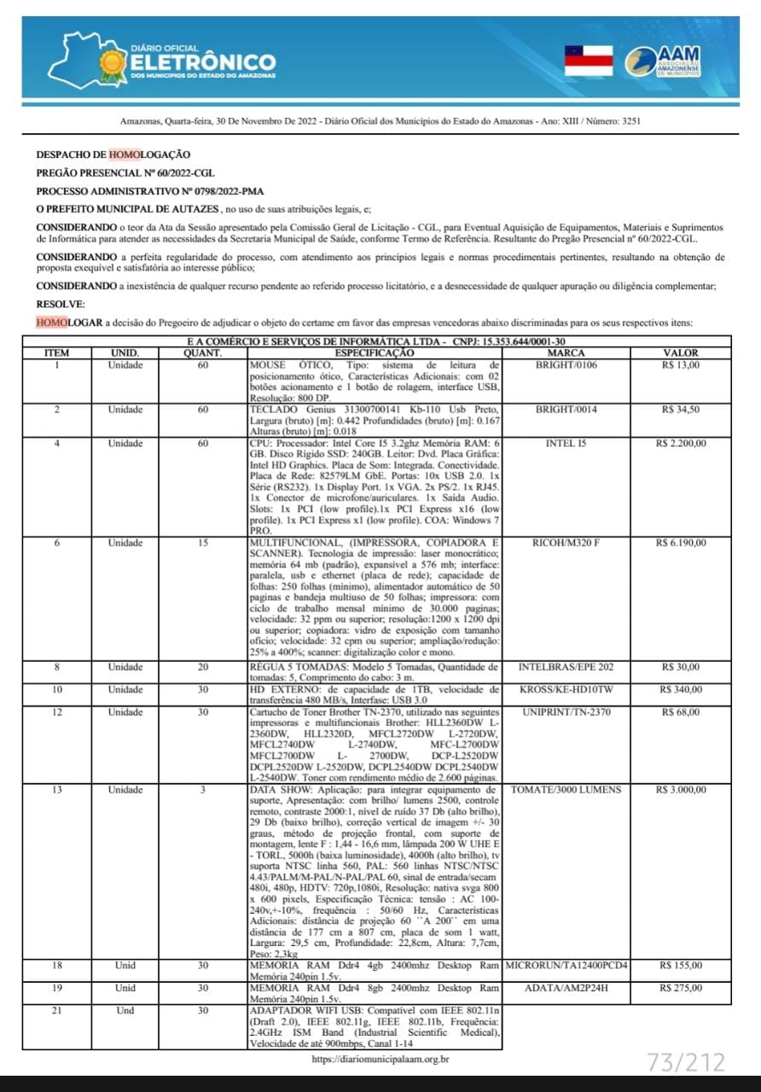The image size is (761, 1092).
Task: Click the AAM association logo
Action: click(x=662, y=61)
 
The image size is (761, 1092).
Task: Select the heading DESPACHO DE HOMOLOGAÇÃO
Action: click(x=113, y=154)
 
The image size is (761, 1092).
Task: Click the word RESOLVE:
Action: click(x=61, y=304)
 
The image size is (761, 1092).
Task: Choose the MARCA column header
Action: click(x=566, y=352)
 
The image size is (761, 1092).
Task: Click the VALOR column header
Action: click(x=680, y=352)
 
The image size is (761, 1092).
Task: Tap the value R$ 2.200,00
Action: click(x=680, y=444)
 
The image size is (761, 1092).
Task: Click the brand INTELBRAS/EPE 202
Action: click(x=566, y=667)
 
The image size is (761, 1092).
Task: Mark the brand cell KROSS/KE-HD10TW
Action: click(x=566, y=689)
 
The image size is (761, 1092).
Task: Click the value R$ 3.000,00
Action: click(x=680, y=790)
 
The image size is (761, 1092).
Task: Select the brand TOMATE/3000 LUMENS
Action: click(x=566, y=790)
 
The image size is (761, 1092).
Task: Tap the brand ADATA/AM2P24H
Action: click(x=566, y=988)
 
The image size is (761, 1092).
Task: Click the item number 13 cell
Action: click(x=56, y=790)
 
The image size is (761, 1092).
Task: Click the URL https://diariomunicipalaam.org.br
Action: click(x=380, y=1060)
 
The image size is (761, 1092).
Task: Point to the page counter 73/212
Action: click(x=686, y=1062)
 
